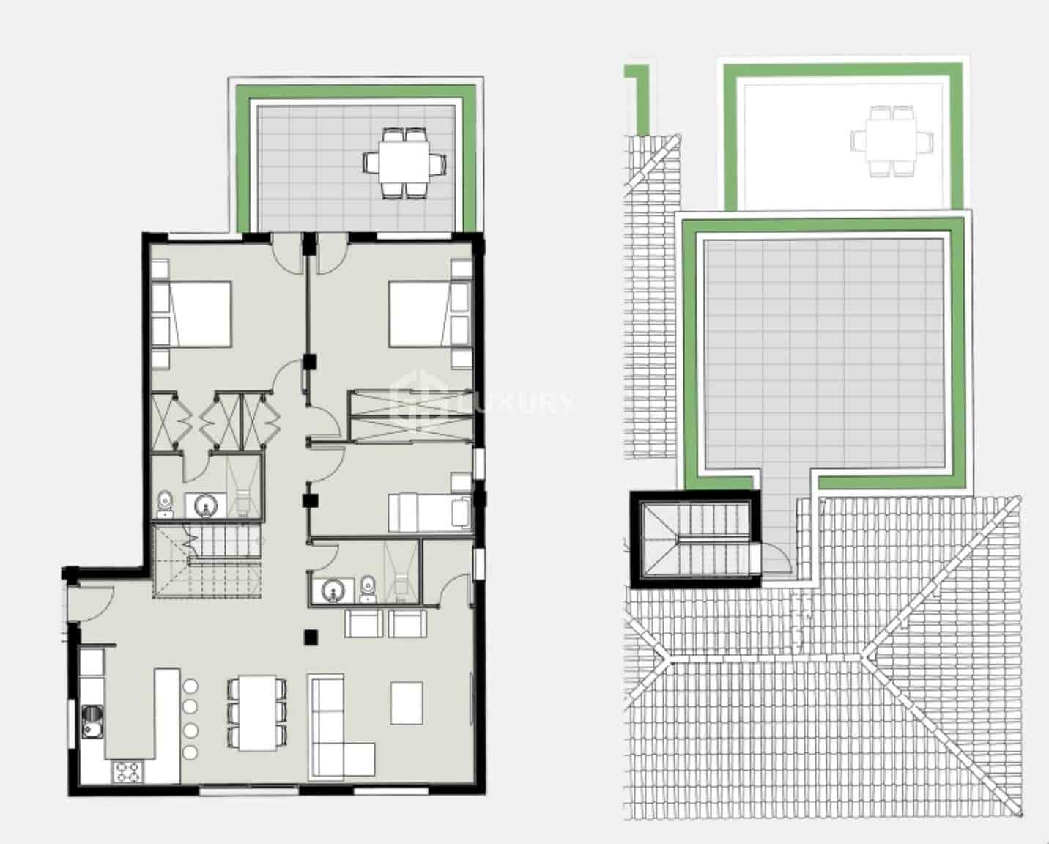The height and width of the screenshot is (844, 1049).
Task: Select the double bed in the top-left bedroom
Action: tap(199, 314)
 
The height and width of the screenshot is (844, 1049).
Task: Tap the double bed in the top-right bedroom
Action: tap(420, 314)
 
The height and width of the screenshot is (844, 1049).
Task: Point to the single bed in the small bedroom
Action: tap(429, 511)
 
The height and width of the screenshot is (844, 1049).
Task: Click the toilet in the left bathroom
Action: tap(166, 504)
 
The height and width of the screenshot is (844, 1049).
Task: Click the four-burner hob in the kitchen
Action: tap(127, 771)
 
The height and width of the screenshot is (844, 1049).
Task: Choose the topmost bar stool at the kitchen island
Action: tap(190, 687)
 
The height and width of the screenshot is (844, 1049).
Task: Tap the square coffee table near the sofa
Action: tap(407, 703)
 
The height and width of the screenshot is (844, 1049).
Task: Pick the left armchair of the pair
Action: tap(363, 623)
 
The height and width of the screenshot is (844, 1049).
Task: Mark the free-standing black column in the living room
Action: tap(311, 637)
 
